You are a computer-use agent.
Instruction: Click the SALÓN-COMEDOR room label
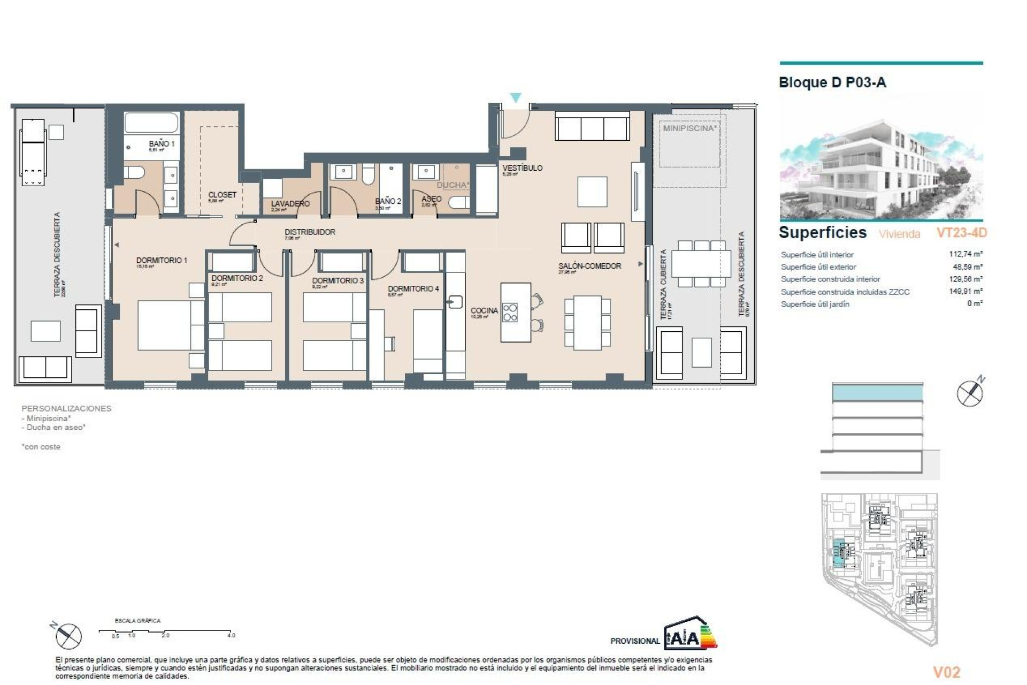[589, 266]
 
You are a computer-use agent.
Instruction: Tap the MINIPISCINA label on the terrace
[689, 128]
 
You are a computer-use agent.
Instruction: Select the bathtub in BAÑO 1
[151, 123]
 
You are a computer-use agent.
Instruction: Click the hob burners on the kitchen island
[510, 312]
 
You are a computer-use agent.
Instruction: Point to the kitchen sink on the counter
[455, 302]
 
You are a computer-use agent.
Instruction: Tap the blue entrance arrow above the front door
[515, 98]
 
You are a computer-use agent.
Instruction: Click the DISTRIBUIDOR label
[310, 232]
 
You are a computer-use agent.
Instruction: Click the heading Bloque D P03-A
[832, 83]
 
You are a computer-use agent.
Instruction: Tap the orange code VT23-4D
[961, 233]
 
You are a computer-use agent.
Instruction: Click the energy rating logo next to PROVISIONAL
[689, 634]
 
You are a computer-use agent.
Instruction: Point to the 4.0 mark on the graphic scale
[231, 635]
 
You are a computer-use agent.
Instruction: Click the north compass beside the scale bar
[68, 636]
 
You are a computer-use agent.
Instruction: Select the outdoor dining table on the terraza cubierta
[701, 264]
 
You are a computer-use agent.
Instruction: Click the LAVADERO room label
[290, 204]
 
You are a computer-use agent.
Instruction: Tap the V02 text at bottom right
[946, 672]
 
